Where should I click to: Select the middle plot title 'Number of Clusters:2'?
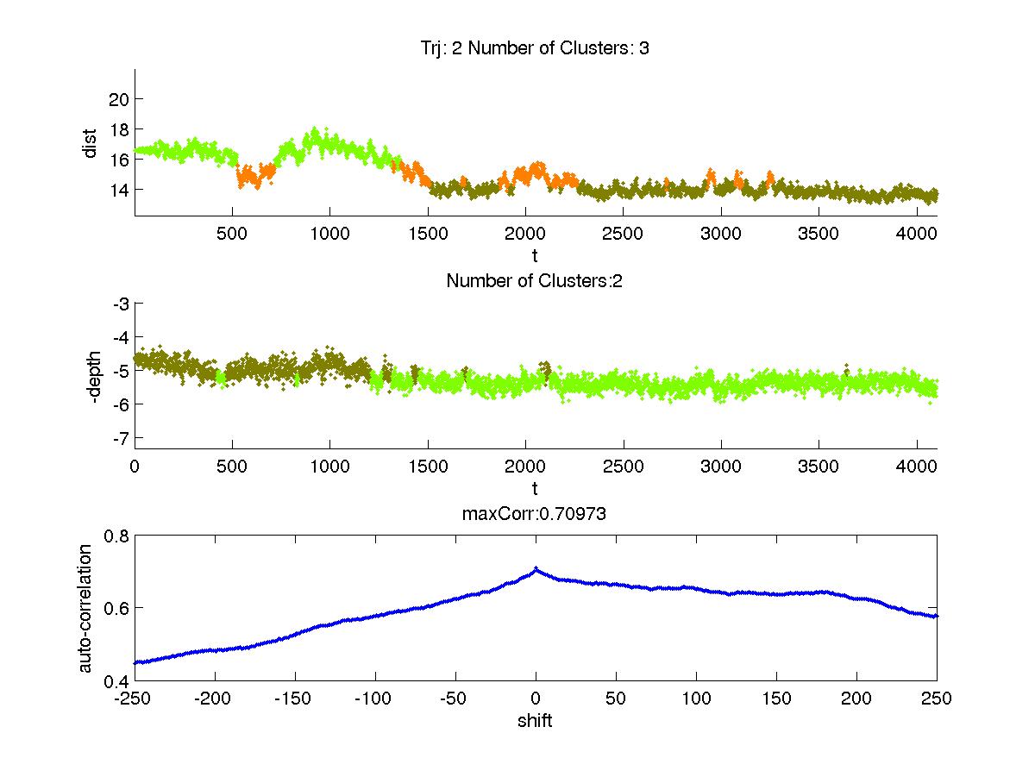tap(535, 281)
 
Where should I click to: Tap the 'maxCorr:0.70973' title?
tap(535, 515)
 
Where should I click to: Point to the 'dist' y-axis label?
tap(90, 143)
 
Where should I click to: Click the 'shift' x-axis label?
tap(535, 721)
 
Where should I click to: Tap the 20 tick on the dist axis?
tap(119, 98)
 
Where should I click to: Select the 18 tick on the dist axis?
tap(119, 129)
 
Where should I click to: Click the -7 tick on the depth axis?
tap(121, 437)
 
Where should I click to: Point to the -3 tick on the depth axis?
tap(121, 304)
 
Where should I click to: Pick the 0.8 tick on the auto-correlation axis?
tap(117, 536)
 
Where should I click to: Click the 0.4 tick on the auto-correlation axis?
tap(117, 680)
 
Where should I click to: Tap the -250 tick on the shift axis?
tap(135, 699)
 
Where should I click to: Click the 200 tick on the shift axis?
tap(856, 699)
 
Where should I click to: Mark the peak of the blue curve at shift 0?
tap(536, 569)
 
